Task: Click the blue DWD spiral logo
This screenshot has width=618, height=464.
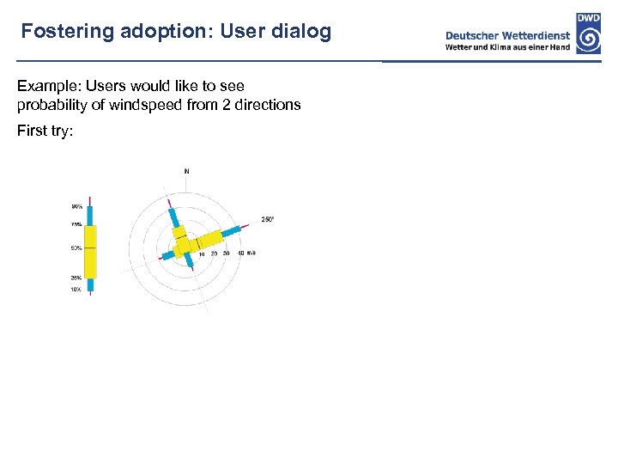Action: tap(588, 39)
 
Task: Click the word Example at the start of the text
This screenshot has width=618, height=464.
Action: tap(46, 86)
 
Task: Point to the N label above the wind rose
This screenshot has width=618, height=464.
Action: tap(186, 171)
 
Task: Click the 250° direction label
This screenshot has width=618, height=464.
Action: tap(267, 219)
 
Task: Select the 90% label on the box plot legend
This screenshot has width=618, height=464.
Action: tap(77, 206)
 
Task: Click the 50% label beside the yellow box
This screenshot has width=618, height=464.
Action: tap(77, 248)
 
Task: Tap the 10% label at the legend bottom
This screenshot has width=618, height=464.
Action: tap(77, 290)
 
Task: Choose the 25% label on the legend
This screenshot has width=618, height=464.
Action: tap(77, 278)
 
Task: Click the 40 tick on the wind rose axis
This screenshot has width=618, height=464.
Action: tap(240, 253)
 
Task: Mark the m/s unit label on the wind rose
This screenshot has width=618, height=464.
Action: tap(251, 253)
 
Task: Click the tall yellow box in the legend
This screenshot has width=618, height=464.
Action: tap(91, 251)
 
